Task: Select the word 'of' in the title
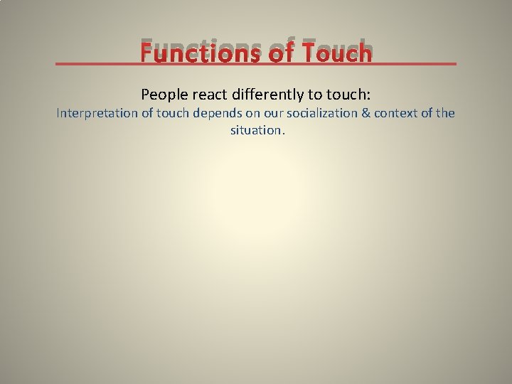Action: click(278, 52)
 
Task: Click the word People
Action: click(163, 94)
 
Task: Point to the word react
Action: click(208, 94)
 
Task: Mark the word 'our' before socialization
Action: click(274, 113)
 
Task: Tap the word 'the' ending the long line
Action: click(446, 113)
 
